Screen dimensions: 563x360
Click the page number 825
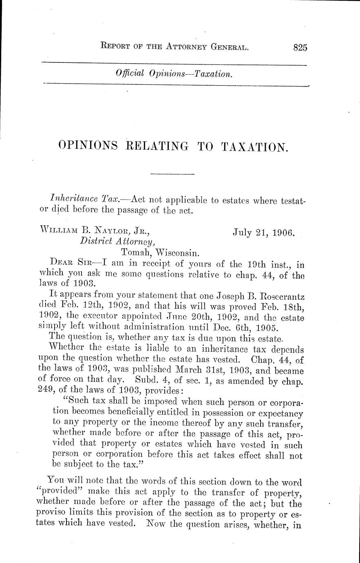300,47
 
